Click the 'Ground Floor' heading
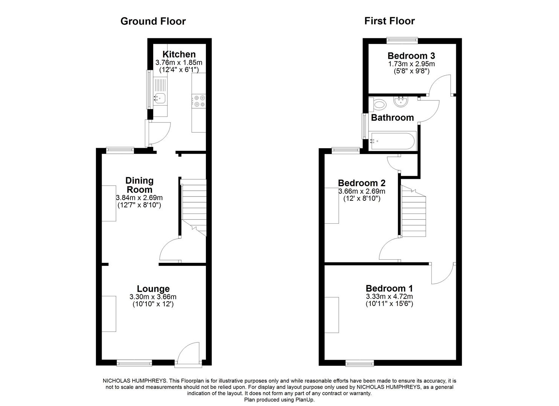pos(153,21)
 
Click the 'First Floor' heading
pos(389,21)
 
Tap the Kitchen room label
pos(179,55)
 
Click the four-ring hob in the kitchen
pos(199,101)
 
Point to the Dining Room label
pos(139,185)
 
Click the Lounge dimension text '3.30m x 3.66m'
pos(153,297)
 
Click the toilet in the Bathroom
pos(378,104)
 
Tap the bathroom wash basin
pos(402,101)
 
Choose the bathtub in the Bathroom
pos(393,141)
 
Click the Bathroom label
pos(392,118)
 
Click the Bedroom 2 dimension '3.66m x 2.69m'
pos(361,191)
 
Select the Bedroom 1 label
pos(389,288)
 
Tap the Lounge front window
pos(134,363)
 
